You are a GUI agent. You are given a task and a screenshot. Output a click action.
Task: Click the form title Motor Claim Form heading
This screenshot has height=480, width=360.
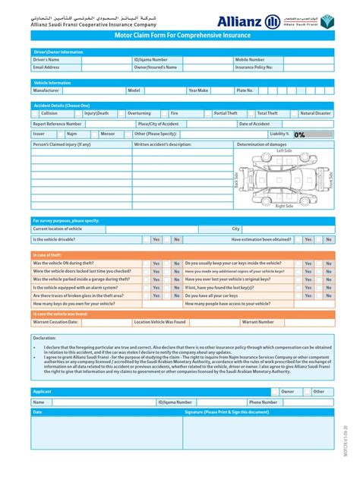[180, 36]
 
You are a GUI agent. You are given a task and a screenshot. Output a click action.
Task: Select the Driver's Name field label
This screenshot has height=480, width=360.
[47, 59]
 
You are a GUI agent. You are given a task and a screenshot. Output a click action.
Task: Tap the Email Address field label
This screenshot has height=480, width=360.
[46, 67]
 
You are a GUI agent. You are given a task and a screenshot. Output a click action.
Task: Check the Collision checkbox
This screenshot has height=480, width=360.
[36, 113]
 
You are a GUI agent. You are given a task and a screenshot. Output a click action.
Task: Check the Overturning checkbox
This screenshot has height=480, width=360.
[122, 113]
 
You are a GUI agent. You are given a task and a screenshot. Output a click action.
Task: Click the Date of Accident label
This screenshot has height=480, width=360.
[254, 123]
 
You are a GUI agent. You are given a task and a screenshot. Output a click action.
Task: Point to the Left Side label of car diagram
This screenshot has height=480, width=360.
[284, 150]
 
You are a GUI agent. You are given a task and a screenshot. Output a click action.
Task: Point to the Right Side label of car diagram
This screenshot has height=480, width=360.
[284, 206]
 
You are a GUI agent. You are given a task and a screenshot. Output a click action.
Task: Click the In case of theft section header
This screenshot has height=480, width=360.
[47, 255]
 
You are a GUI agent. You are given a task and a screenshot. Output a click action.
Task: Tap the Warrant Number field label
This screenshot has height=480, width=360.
[257, 321]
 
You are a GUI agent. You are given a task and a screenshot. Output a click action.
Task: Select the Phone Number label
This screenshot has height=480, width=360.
[263, 402]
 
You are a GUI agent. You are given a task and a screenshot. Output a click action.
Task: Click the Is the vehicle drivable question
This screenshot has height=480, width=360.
[55, 238]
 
